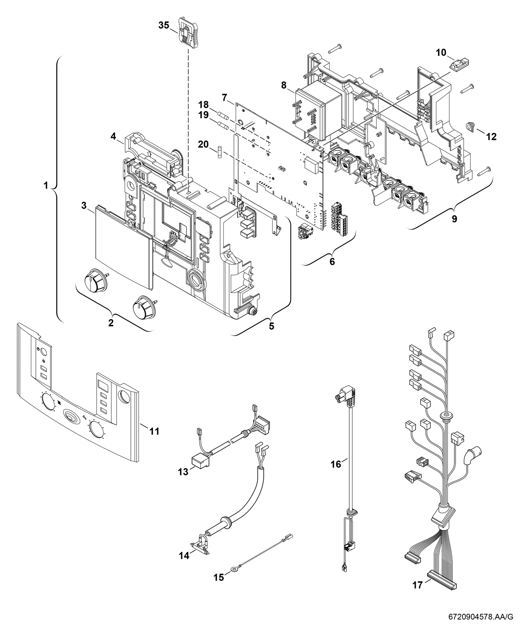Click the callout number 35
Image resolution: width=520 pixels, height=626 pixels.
tap(163, 25)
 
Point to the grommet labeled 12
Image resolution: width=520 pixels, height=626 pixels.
tap(471, 128)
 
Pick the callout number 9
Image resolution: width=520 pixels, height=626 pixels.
tap(454, 218)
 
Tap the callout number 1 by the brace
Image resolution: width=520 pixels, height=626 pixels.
tap(46, 185)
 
